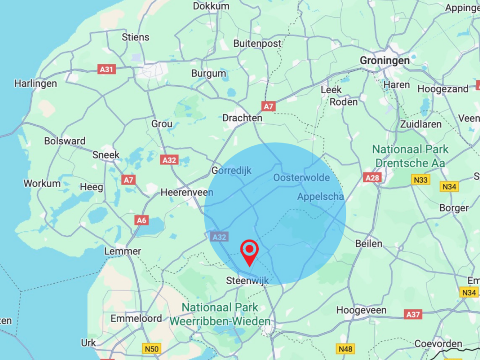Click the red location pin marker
[249, 251]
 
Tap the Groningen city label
[384, 60]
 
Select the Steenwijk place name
[247, 281]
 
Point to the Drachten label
[242, 118]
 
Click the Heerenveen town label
[187, 192]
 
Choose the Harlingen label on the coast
[36, 83]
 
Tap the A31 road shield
[107, 69]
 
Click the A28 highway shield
[371, 177]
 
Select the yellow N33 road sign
[420, 179]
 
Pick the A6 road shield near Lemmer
[141, 220]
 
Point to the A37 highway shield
[413, 314]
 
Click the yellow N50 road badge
[151, 348]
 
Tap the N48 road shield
[345, 348]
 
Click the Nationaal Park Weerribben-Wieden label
[220, 315]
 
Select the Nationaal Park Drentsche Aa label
[410, 156]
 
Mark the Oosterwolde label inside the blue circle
[301, 178]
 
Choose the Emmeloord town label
[136, 319]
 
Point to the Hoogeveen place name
[361, 310]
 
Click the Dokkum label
[211, 6]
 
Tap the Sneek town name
[106, 155]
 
